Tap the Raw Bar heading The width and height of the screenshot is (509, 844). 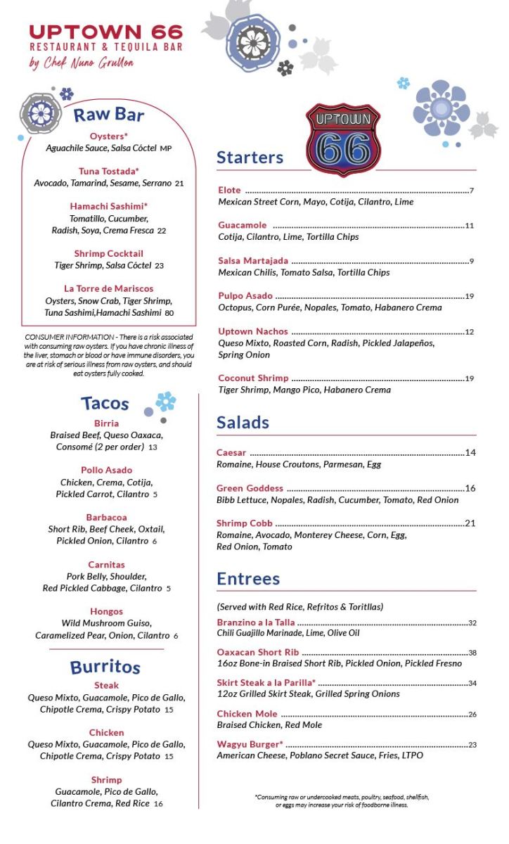tap(109, 115)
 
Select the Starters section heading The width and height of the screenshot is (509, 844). tap(250, 158)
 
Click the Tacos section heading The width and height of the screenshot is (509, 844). tap(105, 403)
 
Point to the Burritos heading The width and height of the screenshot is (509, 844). tap(105, 667)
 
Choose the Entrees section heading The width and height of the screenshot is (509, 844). tap(248, 579)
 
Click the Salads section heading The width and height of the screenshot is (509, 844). tap(243, 423)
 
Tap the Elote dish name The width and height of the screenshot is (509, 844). tap(229, 191)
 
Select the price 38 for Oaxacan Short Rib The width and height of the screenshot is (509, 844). tap(472, 653)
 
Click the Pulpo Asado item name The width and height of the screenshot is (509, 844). tap(245, 296)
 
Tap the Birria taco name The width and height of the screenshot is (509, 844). tap(106, 423)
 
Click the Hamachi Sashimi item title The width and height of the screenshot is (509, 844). tap(109, 206)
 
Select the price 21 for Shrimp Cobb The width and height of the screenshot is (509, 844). tap(470, 523)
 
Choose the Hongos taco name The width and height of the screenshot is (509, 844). tap(106, 611)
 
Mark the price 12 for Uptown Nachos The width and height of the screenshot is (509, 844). tap(470, 332)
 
